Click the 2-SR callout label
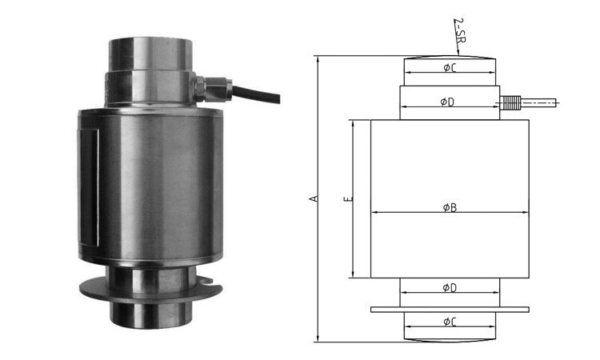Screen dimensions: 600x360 coord(459,30)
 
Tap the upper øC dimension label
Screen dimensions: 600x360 coord(450,68)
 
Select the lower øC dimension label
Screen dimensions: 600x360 coord(450,322)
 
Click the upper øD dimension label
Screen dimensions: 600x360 coord(447,102)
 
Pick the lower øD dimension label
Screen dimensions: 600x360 coord(450,288)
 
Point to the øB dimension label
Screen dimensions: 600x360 coord(450,208)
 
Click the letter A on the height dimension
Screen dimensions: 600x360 coord(314,198)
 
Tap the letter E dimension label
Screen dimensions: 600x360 coord(347,199)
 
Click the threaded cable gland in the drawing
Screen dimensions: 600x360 coord(510,103)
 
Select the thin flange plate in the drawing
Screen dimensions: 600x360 coord(450,310)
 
